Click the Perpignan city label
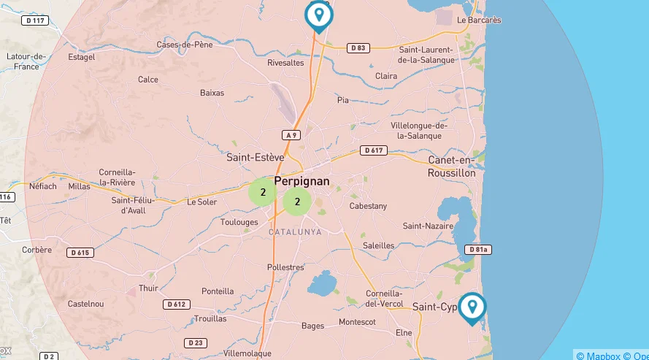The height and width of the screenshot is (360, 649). click(302, 181)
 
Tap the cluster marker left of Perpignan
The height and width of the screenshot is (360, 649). click(262, 193)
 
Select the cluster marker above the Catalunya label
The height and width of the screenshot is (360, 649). click(297, 202)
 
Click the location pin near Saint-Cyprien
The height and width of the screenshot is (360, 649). click(472, 307)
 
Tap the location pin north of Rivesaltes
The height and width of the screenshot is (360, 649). click(318, 15)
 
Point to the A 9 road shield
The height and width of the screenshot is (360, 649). click(291, 135)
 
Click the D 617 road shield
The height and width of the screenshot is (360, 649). click(373, 150)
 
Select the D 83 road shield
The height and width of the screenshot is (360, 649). click(357, 48)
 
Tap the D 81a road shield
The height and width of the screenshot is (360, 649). click(477, 250)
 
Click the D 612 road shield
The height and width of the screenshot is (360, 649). click(176, 304)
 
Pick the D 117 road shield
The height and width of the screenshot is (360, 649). click(36, 20)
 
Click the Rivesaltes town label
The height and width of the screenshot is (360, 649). click(285, 63)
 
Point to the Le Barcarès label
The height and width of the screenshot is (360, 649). click(479, 20)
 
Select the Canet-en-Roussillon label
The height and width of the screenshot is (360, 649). click(452, 166)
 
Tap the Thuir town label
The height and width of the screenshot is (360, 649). click(148, 288)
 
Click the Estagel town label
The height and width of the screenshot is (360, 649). click(81, 57)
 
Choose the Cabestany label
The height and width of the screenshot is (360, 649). click(368, 207)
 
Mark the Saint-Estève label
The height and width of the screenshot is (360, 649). click(255, 157)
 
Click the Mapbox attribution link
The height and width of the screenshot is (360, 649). click(598, 356)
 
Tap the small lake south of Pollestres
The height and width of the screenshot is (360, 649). click(321, 283)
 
